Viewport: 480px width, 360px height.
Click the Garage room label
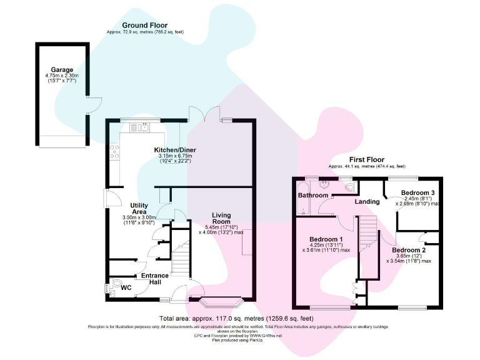coord(62,70)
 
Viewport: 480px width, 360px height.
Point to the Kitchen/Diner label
coord(172,151)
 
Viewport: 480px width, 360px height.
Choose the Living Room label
coord(221,218)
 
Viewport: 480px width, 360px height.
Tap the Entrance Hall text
coord(154,279)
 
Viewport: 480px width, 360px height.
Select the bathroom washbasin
coord(324,184)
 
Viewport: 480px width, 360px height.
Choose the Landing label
coord(367,201)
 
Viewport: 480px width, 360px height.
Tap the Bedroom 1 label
coord(326,239)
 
